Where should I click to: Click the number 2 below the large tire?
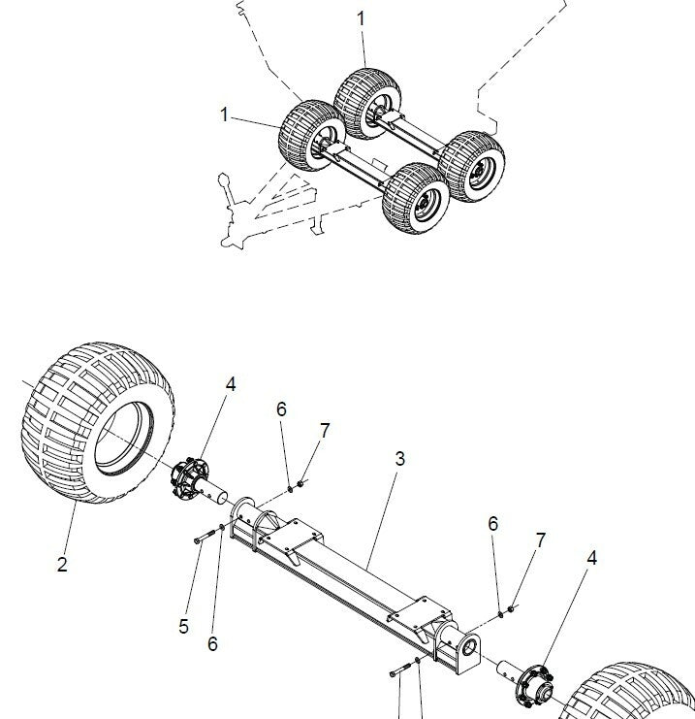coord(62,565)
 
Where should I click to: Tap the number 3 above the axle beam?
coord(399,459)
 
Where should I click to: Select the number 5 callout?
coord(183,626)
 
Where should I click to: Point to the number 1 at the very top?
coord(361,18)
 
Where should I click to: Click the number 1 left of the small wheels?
coord(225,114)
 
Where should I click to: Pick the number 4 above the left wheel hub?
coord(231,384)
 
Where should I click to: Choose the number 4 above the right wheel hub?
coord(591,558)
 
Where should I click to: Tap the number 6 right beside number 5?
coord(213,642)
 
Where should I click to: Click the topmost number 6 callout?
coord(281,409)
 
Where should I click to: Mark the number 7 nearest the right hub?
coord(541,539)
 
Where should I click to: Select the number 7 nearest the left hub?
coord(325,430)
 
